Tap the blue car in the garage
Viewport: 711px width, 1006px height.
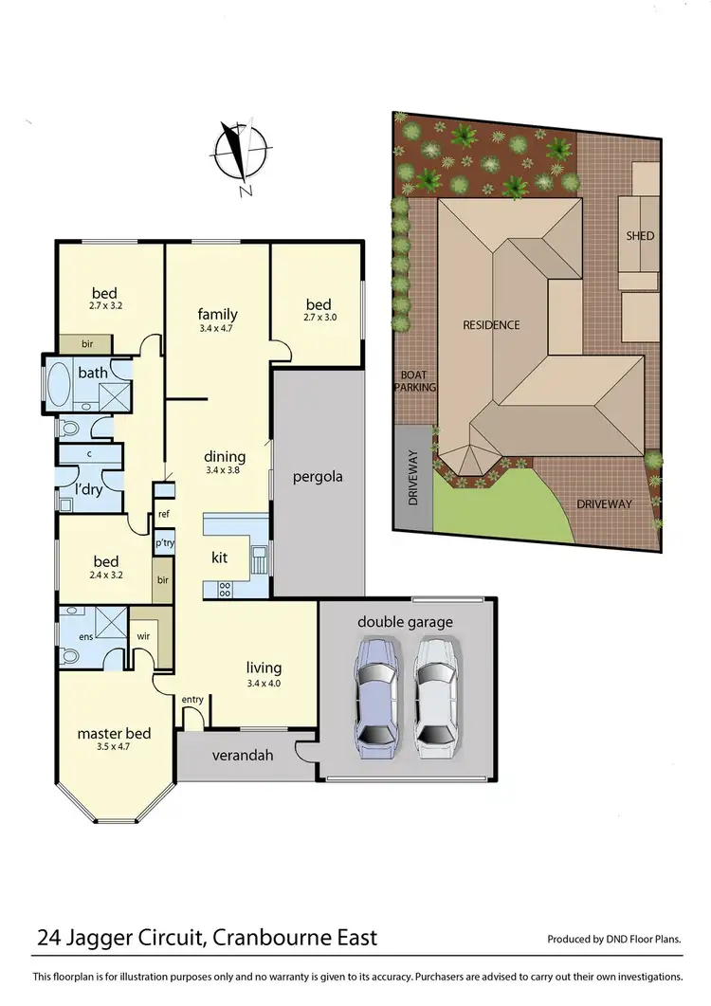(375, 700)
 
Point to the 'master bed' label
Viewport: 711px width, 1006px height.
(114, 733)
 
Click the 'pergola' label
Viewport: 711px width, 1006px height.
(317, 476)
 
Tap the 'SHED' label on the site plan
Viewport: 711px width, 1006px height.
(640, 235)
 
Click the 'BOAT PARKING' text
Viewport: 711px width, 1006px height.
(417, 380)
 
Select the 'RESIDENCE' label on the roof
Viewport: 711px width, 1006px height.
(491, 325)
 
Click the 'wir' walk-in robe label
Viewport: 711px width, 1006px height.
(145, 637)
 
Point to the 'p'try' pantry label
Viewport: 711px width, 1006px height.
(164, 544)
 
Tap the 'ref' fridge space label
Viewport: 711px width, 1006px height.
(164, 514)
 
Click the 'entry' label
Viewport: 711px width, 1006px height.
(192, 700)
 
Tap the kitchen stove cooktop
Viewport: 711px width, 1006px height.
(226, 589)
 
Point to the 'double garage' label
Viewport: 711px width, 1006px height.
(405, 622)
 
